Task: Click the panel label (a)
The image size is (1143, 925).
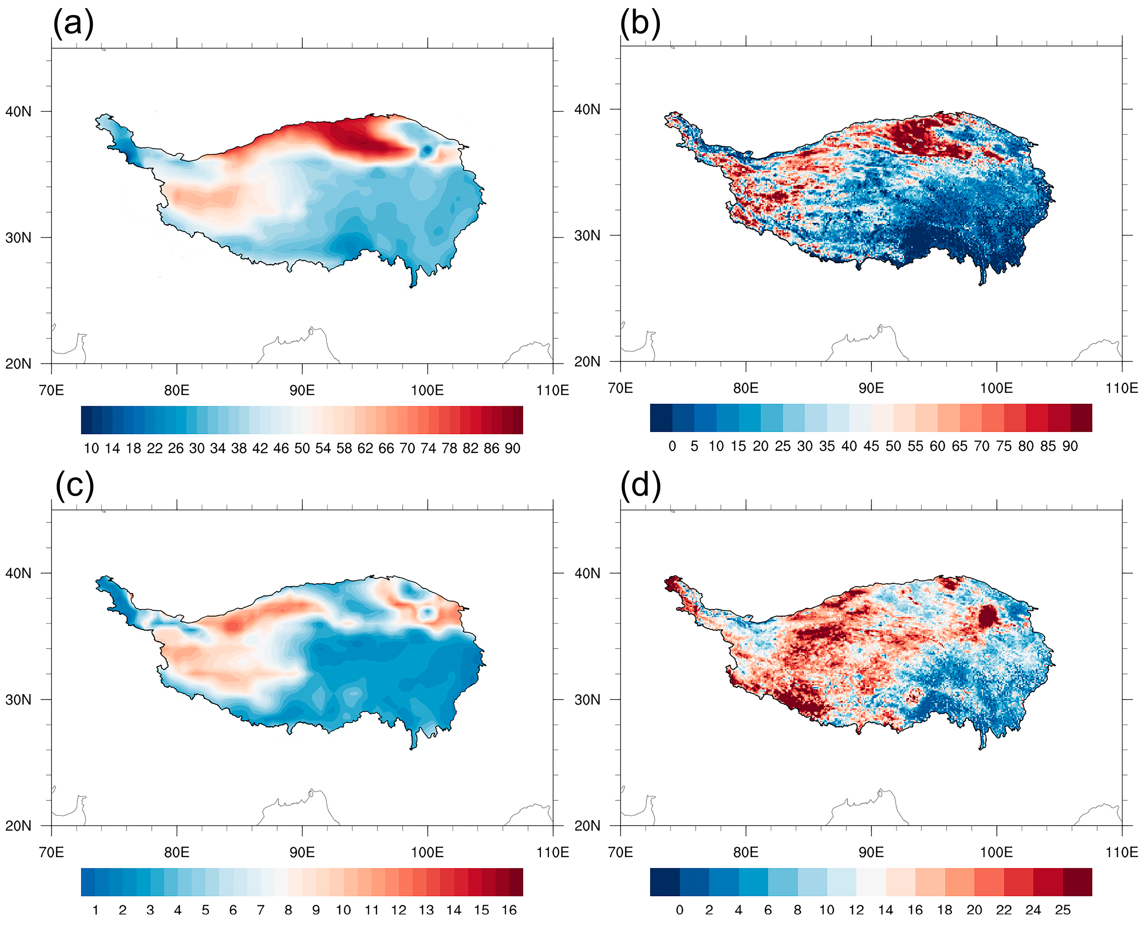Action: click(73, 24)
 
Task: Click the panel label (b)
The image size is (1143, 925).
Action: click(640, 24)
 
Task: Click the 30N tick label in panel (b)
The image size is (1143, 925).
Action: click(587, 235)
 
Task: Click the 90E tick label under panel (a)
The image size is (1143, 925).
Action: click(302, 391)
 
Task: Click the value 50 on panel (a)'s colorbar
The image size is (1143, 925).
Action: click(302, 449)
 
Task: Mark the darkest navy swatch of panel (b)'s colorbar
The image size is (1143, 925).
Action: click(661, 418)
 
